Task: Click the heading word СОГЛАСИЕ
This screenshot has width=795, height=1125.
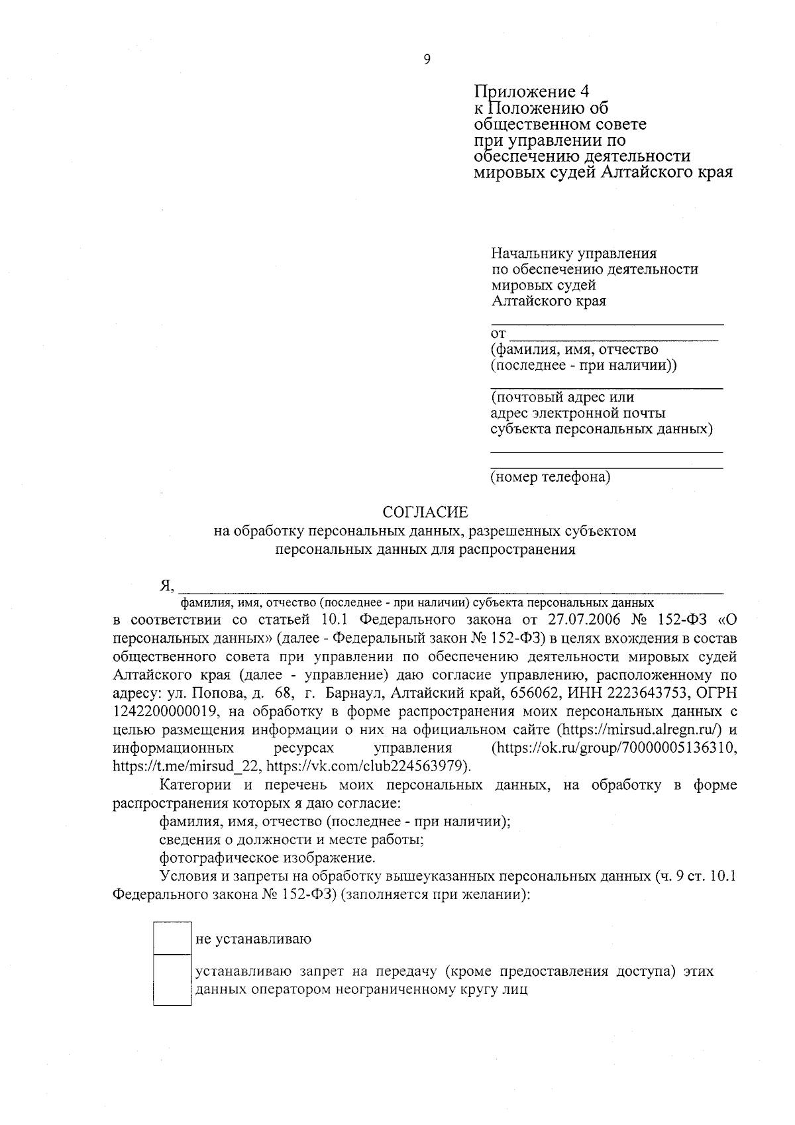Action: (x=425, y=512)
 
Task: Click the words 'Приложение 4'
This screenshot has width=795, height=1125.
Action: (x=532, y=91)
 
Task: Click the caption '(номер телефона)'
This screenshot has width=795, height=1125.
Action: (x=550, y=477)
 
